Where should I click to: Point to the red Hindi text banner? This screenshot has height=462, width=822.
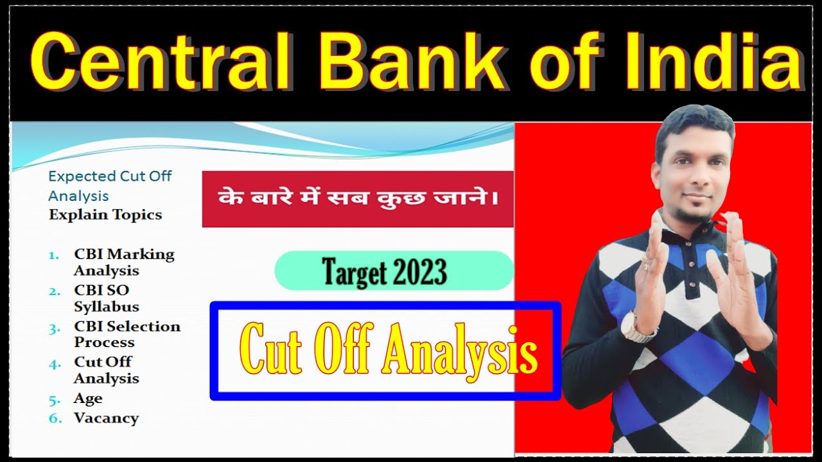[x=358, y=199]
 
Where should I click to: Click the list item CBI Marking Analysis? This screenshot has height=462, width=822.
[x=123, y=262]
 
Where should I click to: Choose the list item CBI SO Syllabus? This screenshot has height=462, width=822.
[x=107, y=298]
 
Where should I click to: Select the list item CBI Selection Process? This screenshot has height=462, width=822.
[x=127, y=334]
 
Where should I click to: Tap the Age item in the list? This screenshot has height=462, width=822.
[x=88, y=398]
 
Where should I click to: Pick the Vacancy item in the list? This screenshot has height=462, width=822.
[x=106, y=418]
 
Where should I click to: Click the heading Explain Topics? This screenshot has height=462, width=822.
[x=105, y=214]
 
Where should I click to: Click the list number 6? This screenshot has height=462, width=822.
[x=55, y=418]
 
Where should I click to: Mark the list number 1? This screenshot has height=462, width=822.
[x=55, y=255]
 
